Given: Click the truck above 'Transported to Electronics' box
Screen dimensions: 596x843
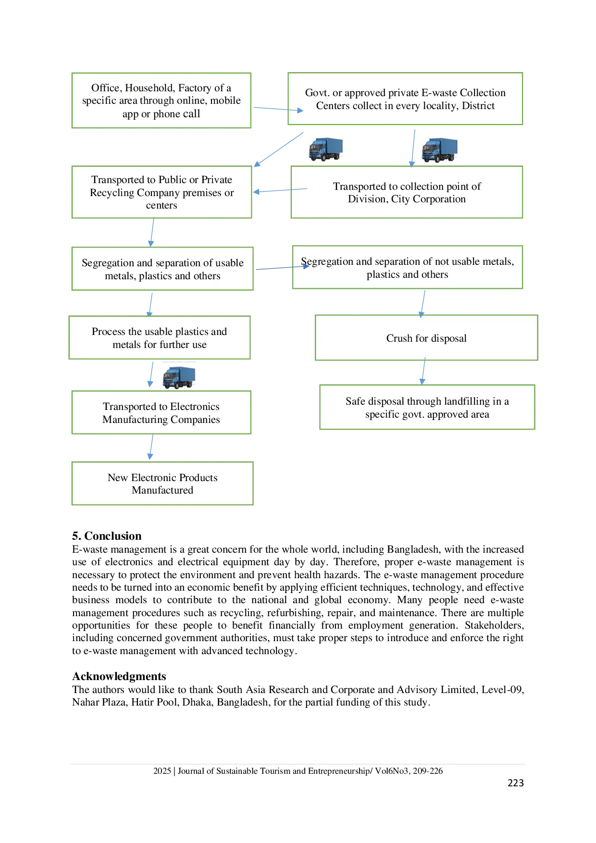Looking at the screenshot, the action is (179, 378).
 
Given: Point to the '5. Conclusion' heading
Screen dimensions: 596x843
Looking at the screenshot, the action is (107, 536).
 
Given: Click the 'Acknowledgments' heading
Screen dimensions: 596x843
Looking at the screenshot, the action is (119, 676).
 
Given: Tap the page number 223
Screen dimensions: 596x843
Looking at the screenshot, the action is (516, 783).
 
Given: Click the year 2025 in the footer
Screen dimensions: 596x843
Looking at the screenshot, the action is (162, 771).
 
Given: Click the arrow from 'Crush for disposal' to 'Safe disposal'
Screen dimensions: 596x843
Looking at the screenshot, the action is (423, 371).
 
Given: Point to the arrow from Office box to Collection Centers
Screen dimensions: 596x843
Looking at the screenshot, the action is (278, 109).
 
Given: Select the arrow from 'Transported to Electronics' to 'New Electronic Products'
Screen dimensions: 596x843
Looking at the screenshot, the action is (151, 447).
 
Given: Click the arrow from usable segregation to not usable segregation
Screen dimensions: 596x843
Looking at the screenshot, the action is (282, 268).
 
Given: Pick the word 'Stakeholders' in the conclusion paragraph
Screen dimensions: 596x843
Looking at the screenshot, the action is (494, 625).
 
